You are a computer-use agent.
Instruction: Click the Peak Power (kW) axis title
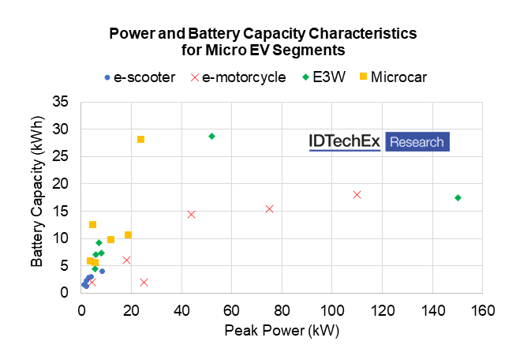pos(282,331)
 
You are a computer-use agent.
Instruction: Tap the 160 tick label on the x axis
pos(482,309)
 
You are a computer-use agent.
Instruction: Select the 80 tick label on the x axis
pos(282,309)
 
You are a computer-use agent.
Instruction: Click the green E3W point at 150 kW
pos(458,197)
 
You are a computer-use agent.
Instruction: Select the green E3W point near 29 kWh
pos(211,136)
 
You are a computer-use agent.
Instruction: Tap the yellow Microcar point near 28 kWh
pos(140,140)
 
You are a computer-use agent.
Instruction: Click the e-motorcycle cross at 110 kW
pos(357,194)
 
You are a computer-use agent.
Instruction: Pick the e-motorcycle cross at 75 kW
pos(269,208)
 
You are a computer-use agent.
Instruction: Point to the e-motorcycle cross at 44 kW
pos(191,214)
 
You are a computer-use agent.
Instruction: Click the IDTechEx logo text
pos(344,142)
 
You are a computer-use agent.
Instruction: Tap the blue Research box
pos(417,142)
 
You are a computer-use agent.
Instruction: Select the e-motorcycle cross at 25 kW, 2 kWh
pos(144,282)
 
